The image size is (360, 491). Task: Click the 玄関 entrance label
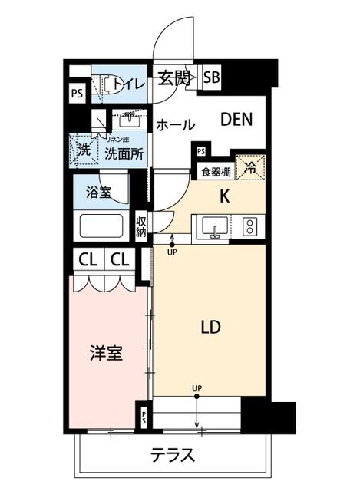(x=174, y=77)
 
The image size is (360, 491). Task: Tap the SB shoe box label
(x=211, y=77)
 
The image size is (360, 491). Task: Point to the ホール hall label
(x=176, y=124)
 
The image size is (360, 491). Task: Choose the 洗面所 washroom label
(x=124, y=152)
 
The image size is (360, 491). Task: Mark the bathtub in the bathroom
(x=103, y=227)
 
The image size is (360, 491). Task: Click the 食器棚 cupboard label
(x=216, y=172)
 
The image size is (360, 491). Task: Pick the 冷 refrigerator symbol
(x=251, y=166)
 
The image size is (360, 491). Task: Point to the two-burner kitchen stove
(x=250, y=226)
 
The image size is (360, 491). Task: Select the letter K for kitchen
(x=225, y=196)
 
